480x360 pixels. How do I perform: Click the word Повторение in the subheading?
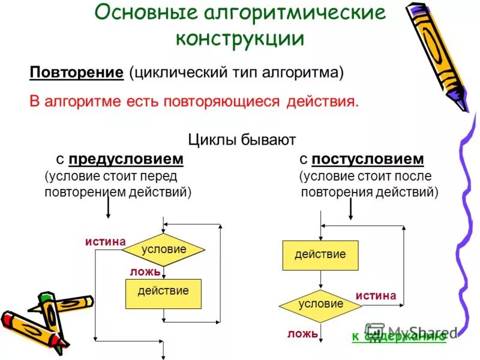click(x=76, y=73)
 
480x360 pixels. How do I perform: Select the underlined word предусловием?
click(x=125, y=159)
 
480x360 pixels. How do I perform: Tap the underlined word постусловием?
click(x=368, y=159)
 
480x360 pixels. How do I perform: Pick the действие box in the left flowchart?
click(x=163, y=292)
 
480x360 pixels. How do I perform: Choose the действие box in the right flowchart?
click(x=320, y=255)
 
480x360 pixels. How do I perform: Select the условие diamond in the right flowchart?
click(x=320, y=304)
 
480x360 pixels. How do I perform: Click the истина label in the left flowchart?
click(x=105, y=242)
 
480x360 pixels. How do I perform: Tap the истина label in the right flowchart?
click(x=376, y=296)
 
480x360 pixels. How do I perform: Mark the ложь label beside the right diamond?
click(x=302, y=334)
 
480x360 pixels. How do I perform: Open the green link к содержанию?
click(x=398, y=337)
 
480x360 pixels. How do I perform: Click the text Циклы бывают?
click(x=242, y=140)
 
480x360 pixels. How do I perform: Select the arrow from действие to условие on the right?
click(x=320, y=280)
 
